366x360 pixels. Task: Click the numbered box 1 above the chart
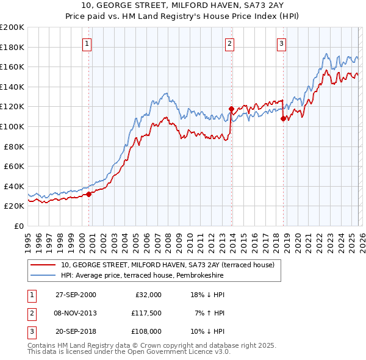click(88, 43)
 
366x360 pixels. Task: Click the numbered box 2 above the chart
click(230, 43)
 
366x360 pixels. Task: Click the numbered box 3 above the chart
click(281, 43)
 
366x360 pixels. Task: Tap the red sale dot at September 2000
click(89, 194)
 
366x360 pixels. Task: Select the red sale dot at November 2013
click(231, 109)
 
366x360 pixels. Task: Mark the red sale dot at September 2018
click(283, 119)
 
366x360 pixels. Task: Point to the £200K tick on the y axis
click(12, 27)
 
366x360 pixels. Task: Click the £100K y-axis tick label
click(12, 126)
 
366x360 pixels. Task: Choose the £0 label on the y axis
click(18, 226)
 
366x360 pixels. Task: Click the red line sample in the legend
click(44, 265)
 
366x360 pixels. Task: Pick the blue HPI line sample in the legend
click(44, 276)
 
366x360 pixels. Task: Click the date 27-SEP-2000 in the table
click(76, 294)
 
